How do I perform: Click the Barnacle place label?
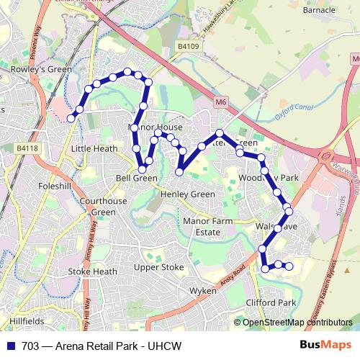(320, 10)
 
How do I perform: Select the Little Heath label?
(90, 148)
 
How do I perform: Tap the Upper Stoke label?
(159, 267)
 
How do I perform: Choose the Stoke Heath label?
(92, 271)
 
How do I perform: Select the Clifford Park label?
(271, 302)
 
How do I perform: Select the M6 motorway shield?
(220, 103)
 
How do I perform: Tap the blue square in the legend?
(11, 346)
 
